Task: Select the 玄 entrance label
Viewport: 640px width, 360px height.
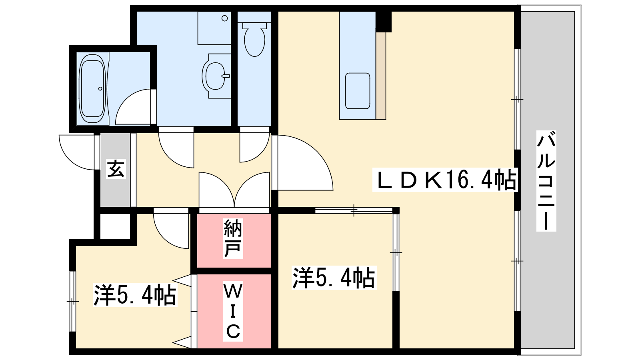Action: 116,169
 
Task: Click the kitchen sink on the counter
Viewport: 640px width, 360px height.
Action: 357,91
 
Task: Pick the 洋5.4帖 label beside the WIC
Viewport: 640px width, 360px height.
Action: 135,295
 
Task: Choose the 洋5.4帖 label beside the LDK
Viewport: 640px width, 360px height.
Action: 334,278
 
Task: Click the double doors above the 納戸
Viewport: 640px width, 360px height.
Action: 234,190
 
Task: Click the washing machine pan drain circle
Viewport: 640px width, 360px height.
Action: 224,18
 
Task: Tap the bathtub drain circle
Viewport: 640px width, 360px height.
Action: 100,89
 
